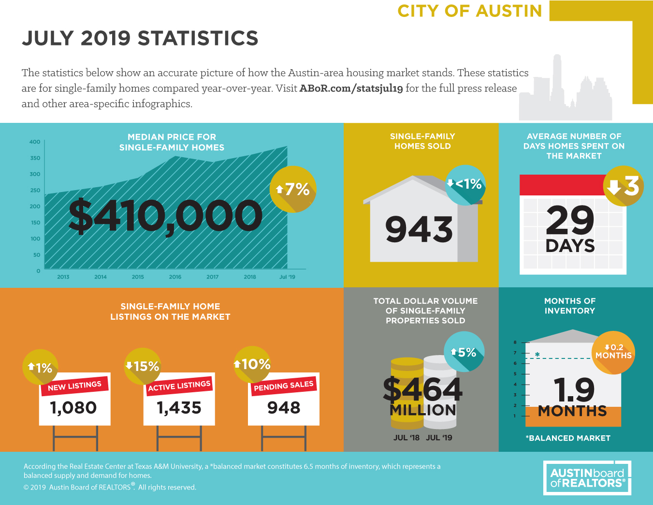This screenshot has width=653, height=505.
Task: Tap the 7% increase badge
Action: point(293,189)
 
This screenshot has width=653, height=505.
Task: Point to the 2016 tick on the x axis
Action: point(175,277)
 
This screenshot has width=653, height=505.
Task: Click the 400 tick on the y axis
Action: point(35,142)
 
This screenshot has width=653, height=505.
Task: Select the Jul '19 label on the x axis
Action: point(287,277)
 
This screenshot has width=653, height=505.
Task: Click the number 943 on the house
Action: point(419,229)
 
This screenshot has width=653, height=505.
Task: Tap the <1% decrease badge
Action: point(465,184)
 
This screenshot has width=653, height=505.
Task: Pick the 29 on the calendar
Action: point(570,220)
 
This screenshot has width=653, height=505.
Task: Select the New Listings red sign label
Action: point(74,386)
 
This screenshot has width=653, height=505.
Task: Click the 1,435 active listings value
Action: point(179,408)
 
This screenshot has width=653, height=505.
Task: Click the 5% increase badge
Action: point(464,352)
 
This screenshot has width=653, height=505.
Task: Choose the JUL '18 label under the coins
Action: point(406,438)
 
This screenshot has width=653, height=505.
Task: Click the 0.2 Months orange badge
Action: point(613,352)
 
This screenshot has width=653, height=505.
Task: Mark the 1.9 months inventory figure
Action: point(573,390)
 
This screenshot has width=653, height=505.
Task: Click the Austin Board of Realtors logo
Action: point(587,478)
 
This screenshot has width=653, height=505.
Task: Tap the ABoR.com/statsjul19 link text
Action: point(351,89)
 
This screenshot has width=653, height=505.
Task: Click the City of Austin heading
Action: point(469,11)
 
